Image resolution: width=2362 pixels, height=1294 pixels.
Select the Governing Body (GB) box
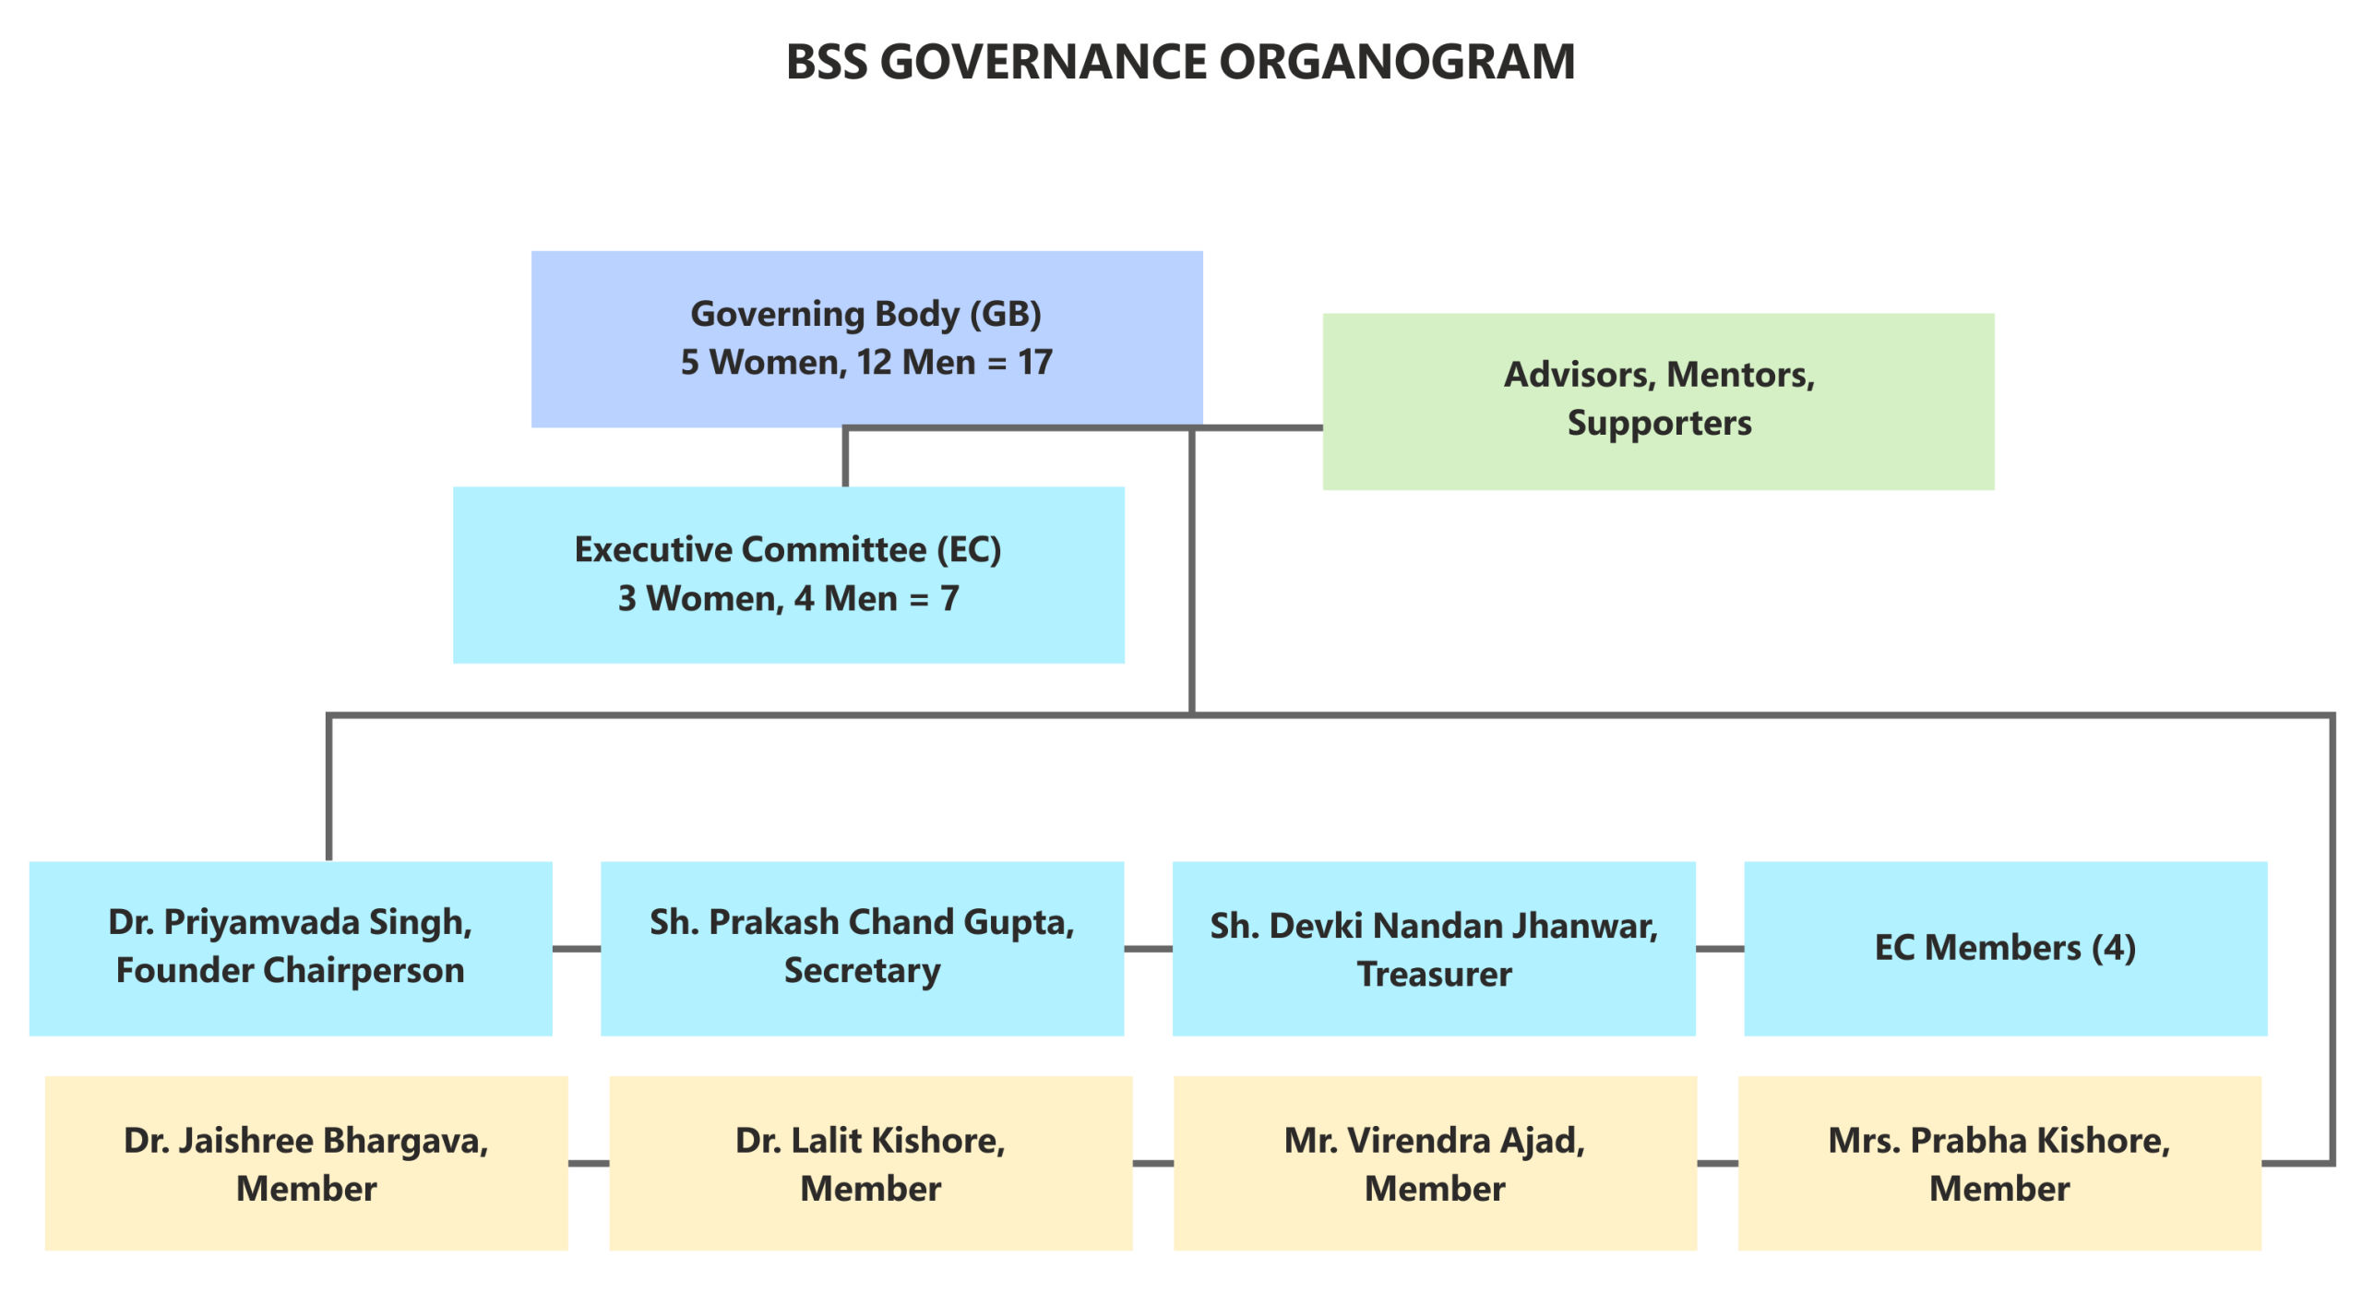(x=866, y=338)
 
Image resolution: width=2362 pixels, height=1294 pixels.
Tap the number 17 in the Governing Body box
(x=1035, y=363)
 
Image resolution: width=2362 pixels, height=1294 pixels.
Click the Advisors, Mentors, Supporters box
(x=1658, y=401)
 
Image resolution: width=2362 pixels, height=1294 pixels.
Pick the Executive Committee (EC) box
(x=788, y=574)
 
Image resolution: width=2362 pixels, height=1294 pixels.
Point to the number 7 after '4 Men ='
(x=949, y=599)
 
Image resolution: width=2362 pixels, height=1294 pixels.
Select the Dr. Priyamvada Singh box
(x=290, y=948)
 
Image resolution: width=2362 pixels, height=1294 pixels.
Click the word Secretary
(x=862, y=971)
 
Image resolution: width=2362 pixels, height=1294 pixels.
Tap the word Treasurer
(x=1434, y=975)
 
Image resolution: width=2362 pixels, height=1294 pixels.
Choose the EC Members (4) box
(x=2005, y=948)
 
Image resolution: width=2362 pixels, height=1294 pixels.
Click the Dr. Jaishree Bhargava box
(x=306, y=1163)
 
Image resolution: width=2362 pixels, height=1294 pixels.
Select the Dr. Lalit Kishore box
(x=870, y=1163)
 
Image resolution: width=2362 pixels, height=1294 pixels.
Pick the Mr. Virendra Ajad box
(x=1434, y=1163)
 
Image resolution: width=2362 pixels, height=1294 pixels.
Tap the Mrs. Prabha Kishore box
(x=1999, y=1163)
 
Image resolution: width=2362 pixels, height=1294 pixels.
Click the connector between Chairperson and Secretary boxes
(x=577, y=949)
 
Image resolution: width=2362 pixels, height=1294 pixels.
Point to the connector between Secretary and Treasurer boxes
(x=1148, y=949)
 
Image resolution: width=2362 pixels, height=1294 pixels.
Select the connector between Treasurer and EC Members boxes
(x=1720, y=949)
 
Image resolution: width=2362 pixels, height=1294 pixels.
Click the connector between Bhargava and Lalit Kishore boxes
(x=589, y=1164)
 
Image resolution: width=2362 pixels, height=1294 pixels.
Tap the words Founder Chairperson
(x=290, y=971)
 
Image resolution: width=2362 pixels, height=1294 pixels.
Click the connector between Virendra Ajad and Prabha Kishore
(x=1717, y=1164)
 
